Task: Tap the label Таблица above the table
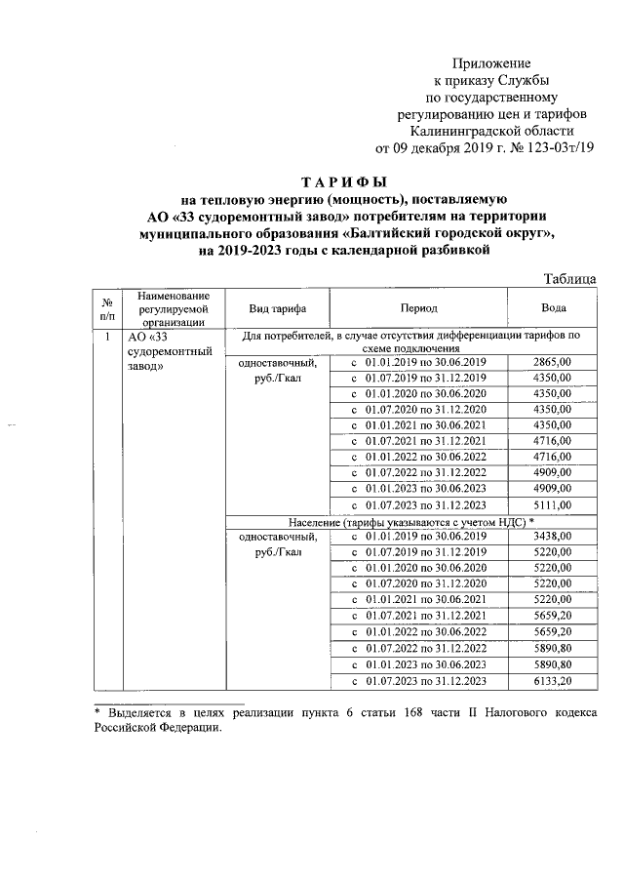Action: [x=569, y=278]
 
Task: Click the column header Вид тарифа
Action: [x=278, y=307]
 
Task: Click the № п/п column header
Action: [x=105, y=307]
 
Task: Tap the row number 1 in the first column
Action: [x=105, y=337]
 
